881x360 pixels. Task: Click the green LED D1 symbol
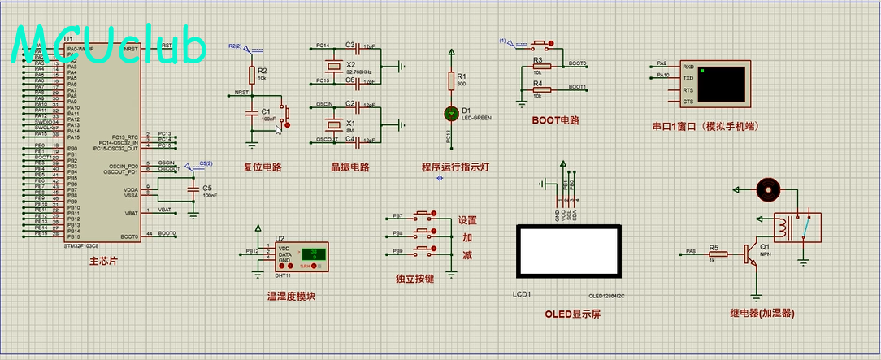[451, 113]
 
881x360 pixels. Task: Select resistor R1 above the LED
[451, 80]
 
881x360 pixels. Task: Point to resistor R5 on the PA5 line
[713, 254]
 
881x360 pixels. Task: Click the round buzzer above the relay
[766, 190]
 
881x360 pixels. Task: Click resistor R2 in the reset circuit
[252, 75]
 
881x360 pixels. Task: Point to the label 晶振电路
[349, 167]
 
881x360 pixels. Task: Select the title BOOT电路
[555, 120]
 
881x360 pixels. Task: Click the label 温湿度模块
[291, 297]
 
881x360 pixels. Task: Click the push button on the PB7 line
[424, 216]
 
